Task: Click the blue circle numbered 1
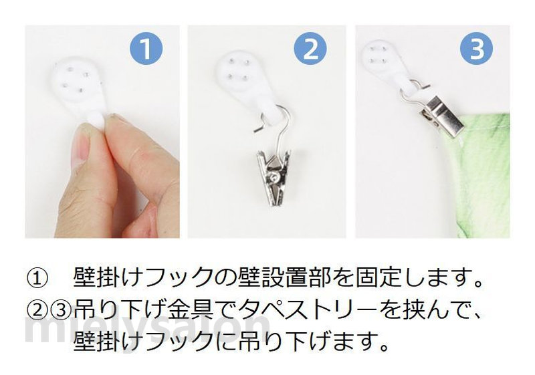(146, 49)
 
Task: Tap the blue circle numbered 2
(310, 49)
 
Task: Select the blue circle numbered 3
(477, 49)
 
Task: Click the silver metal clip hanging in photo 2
(274, 176)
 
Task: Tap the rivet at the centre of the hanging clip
(274, 176)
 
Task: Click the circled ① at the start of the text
(36, 279)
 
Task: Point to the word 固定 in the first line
(378, 279)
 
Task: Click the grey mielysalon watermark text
(146, 329)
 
